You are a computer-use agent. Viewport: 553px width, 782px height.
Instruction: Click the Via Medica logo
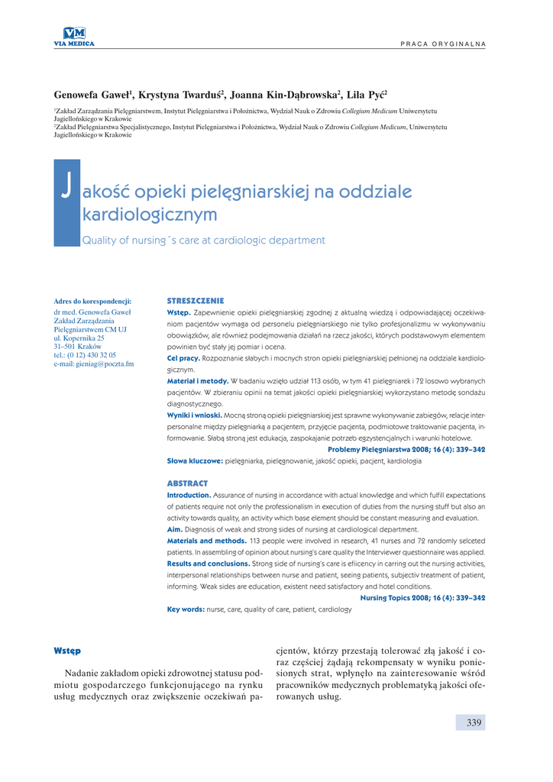74,36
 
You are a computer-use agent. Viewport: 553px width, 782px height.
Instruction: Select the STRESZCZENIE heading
196,301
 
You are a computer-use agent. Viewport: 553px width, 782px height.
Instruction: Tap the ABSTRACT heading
187,483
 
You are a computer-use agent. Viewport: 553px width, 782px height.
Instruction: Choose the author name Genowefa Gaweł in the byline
92,95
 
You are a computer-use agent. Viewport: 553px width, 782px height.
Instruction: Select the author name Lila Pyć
366,95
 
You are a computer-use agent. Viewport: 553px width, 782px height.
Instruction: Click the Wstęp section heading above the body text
67,650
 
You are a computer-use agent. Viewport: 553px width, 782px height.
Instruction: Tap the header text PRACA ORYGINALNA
443,44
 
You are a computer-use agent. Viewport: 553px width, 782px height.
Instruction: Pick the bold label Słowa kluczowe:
195,461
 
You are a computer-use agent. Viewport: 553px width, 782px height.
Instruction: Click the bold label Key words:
186,609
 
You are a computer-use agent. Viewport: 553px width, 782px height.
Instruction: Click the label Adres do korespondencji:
93,301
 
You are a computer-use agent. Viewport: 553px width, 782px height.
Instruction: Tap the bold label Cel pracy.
183,357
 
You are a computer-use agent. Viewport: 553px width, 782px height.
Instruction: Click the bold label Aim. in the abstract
175,529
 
